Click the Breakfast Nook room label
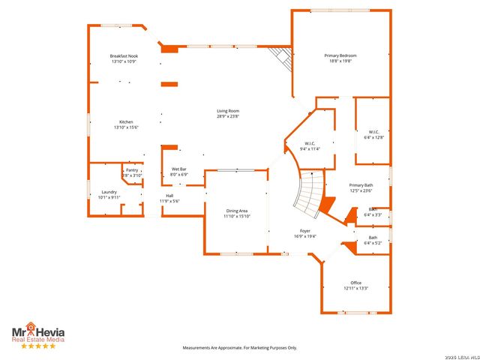tap(124, 56)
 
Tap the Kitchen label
tap(127, 122)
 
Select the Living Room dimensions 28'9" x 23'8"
tap(228, 116)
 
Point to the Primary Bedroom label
tap(340, 55)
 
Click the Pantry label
tap(132, 170)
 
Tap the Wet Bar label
tap(178, 169)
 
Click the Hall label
tap(169, 196)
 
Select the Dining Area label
tap(237, 211)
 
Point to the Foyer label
tap(305, 231)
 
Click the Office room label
tap(355, 283)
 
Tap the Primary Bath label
tap(361, 185)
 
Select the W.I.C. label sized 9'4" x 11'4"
tap(310, 143)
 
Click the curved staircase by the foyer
tap(309, 193)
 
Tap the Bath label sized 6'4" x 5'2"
tap(373, 238)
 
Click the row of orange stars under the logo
tap(37, 346)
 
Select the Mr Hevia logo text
tap(37, 331)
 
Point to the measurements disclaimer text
tap(241, 348)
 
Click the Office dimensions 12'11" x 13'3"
tap(356, 288)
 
